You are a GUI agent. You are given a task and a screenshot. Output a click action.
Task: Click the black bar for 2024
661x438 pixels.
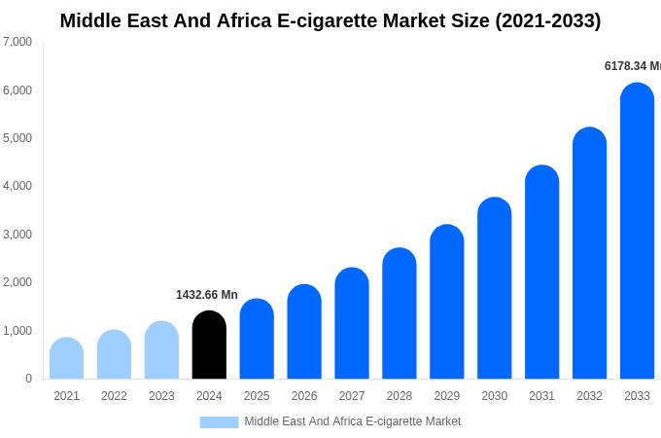209,346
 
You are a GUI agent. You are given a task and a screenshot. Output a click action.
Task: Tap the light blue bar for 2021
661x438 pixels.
66,359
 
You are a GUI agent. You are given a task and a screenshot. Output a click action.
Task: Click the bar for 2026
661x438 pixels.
304,332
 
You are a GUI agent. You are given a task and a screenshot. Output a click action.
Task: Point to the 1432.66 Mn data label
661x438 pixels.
207,295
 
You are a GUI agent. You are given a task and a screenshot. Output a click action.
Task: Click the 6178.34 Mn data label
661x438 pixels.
632,66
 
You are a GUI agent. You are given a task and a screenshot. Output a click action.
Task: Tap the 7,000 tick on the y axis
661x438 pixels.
17,42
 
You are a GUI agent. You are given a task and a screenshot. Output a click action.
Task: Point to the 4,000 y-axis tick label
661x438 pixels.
17,186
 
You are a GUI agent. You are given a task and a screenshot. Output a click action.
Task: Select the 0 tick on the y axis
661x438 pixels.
28,379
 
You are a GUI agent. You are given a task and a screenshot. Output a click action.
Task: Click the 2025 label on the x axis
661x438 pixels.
257,396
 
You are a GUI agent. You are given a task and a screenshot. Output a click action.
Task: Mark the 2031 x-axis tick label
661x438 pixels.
541,396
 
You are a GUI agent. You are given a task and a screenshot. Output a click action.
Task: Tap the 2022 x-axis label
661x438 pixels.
114,396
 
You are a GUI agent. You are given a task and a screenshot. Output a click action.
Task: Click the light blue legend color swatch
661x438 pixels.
219,422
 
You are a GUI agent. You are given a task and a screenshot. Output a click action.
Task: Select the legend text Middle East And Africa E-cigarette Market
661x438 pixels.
352,421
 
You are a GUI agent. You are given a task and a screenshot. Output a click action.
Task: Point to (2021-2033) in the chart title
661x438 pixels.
548,20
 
